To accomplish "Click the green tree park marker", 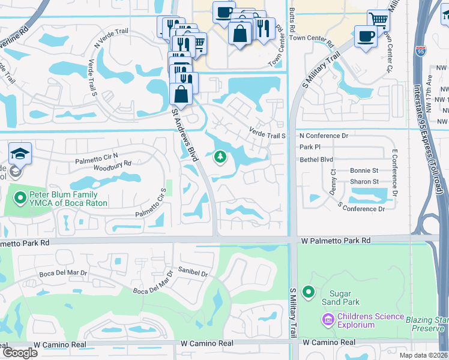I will click(x=220, y=157).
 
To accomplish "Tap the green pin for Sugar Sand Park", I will click(x=309, y=292).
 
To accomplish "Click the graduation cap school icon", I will click(x=20, y=154).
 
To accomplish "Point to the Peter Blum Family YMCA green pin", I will click(x=20, y=197).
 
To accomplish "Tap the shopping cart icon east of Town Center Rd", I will click(x=378, y=20).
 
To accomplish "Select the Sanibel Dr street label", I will click(x=192, y=274).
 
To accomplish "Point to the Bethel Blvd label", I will click(x=316, y=160).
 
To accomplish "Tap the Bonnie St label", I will click(x=364, y=171).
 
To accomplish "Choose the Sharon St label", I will click(x=364, y=181).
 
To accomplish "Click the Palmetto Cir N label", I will click(x=97, y=160).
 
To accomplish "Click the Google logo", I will click(x=20, y=353).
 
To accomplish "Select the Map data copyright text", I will click(x=423, y=355).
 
